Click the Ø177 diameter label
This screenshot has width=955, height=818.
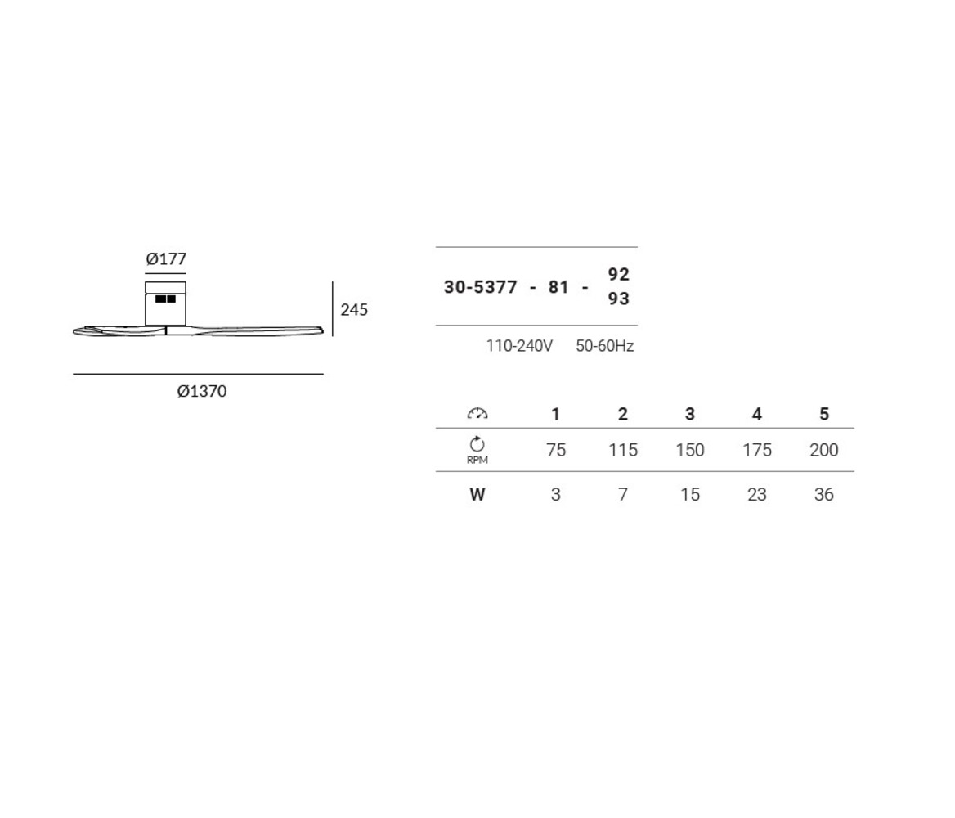click(166, 259)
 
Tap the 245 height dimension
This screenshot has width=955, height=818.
click(354, 310)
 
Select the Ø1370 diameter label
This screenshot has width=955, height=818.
click(202, 392)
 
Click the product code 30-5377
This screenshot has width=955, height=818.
click(481, 287)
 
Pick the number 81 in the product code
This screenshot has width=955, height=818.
click(558, 287)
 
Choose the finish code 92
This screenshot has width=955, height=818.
click(619, 274)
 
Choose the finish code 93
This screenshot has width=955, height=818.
click(619, 299)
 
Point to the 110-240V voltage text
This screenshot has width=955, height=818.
click(519, 346)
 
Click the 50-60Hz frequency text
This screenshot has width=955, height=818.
click(605, 346)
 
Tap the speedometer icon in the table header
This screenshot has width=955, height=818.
click(477, 414)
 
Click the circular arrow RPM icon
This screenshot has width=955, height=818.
click(477, 444)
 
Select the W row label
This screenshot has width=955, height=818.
click(477, 495)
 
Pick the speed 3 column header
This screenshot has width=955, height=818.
click(690, 415)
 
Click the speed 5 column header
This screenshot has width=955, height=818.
click(824, 415)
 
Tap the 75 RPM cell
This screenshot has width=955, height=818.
click(556, 450)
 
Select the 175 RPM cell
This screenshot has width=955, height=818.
click(757, 450)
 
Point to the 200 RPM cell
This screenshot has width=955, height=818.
click(824, 450)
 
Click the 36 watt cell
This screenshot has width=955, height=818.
click(824, 495)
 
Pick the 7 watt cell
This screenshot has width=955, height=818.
click(623, 495)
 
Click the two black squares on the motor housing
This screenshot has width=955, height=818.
click(166, 299)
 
